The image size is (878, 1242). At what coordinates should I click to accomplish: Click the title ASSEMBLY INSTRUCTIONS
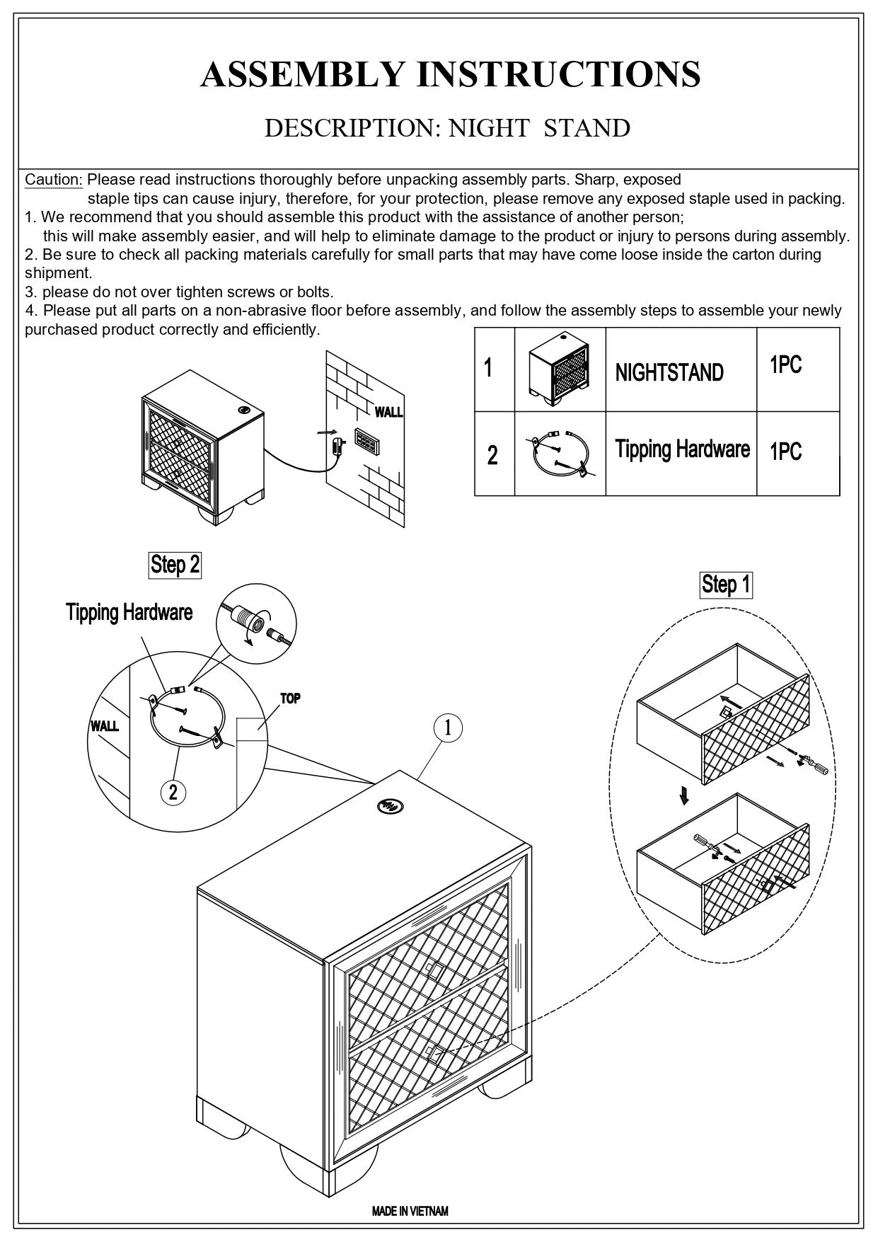coord(451,74)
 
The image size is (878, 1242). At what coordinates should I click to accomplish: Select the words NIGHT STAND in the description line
coord(539,128)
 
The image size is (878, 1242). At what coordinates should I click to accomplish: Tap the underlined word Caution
coord(54,180)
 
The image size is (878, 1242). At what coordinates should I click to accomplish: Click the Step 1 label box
coord(726,585)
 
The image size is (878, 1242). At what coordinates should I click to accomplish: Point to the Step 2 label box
coord(175,565)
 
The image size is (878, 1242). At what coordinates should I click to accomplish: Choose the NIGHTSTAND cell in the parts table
coord(669,372)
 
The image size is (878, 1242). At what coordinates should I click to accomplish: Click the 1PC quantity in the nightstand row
coord(785,365)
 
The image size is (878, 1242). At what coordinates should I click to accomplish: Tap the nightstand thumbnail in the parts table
coord(560,369)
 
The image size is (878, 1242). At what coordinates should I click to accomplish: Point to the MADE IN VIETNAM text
coord(410,1211)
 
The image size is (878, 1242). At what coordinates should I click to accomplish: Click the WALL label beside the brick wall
coord(388,412)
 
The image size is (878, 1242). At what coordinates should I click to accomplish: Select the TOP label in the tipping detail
coord(290,698)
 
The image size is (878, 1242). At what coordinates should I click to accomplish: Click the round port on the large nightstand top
coord(388,805)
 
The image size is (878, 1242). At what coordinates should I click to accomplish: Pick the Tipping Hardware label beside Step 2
coord(129,612)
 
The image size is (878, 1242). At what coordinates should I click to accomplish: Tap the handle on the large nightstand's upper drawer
coord(432,970)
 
